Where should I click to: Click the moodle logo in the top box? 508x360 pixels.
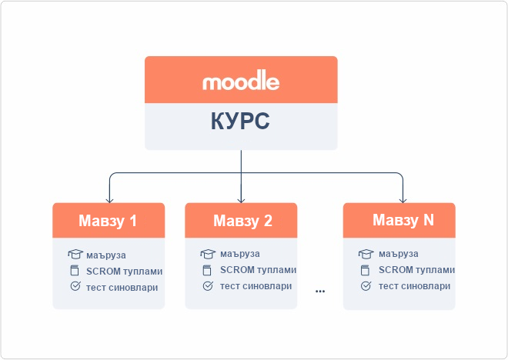pos(241,81)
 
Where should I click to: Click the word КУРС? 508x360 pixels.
pos(241,122)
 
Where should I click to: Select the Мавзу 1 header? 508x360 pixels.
pos(109,221)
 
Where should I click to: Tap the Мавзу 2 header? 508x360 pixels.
pos(242,221)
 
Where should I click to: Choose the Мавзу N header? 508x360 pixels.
pos(399,220)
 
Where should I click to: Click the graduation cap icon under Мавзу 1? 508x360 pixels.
pos(75,255)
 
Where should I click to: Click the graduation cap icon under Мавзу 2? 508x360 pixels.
pos(208,254)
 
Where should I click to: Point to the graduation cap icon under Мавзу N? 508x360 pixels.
pos(366,254)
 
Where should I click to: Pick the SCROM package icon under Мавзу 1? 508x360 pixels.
pos(75,271)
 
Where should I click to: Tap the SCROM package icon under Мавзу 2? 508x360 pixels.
pos(208,270)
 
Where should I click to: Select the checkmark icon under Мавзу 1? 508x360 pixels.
pos(75,287)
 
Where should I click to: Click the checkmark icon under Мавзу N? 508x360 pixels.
pos(366,286)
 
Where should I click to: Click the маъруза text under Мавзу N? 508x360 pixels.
pos(398,254)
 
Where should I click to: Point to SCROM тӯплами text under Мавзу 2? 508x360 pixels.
pos(258,270)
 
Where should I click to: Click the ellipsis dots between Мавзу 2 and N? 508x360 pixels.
pos(320,292)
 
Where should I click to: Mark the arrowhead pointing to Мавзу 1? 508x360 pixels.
pos(109,199)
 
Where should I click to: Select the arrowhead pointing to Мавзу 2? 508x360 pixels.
pos(242,199)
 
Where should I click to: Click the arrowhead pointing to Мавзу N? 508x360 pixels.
pos(403,199)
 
